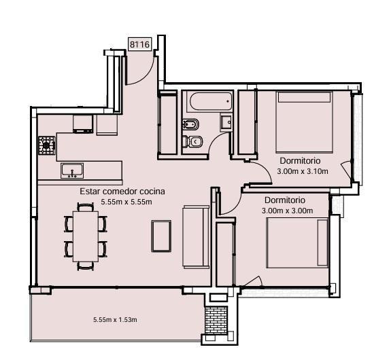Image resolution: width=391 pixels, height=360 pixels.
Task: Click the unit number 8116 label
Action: pos(140,44)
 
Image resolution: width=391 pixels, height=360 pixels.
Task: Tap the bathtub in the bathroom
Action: pos(211,101)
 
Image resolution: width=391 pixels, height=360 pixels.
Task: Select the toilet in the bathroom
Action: pos(192,141)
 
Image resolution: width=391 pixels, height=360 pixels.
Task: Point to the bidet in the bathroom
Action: pos(191,124)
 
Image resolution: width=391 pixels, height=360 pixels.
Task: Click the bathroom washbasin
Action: pos(226,122)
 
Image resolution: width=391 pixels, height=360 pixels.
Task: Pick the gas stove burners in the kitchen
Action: pos(47,145)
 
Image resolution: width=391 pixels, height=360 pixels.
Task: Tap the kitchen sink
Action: pos(72,170)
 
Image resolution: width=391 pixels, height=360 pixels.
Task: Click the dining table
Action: pos(86,236)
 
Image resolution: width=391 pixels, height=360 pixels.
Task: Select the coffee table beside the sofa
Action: pos(161,236)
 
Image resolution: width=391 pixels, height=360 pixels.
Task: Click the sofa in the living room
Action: pos(196,236)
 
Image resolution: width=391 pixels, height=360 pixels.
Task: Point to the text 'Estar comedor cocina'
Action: pos(122,192)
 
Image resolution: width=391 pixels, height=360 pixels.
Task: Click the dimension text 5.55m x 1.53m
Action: pos(115,320)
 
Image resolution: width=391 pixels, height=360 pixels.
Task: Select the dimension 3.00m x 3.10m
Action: pos(303,171)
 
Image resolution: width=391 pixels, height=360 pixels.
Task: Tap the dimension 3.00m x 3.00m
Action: pos(287,211)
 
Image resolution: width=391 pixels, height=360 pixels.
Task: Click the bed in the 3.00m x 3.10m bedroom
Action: pos(304,122)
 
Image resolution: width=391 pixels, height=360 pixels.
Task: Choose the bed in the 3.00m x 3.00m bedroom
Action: pos(297,242)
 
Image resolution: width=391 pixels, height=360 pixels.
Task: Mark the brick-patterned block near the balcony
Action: pos(216,320)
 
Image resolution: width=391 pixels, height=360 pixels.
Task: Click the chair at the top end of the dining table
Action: pos(86,207)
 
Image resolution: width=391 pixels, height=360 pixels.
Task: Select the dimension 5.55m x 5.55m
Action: pos(126,202)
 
